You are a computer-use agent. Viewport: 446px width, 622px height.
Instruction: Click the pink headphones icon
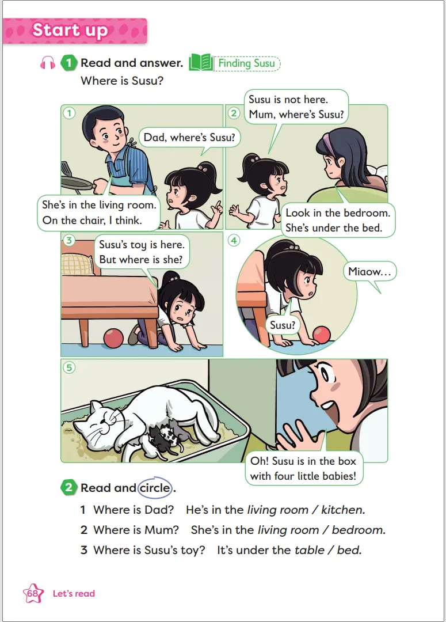point(48,63)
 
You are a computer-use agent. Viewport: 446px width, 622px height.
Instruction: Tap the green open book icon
point(201,63)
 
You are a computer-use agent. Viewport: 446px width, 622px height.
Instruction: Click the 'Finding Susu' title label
point(246,63)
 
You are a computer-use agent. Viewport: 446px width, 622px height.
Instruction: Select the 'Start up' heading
point(70,30)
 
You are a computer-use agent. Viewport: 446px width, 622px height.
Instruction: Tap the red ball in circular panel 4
point(321,335)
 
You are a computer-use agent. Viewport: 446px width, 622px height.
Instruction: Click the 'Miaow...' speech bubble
point(369,272)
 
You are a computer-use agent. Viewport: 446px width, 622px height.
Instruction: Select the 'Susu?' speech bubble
point(283,325)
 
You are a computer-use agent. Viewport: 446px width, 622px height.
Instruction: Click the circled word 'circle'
point(155,488)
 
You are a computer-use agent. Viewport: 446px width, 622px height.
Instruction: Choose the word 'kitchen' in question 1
point(343,510)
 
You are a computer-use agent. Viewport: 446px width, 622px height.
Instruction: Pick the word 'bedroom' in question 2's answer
point(359,530)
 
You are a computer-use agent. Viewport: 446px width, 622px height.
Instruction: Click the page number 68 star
point(33,593)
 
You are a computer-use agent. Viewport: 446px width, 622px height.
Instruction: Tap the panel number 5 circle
point(69,367)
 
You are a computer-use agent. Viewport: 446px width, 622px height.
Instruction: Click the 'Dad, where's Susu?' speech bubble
point(189,137)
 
